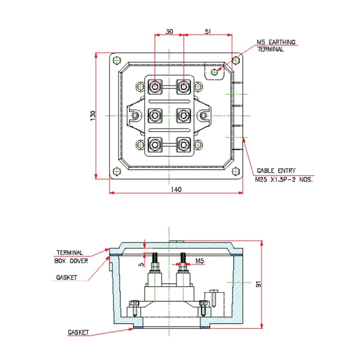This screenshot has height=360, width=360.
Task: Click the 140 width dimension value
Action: pyautogui.click(x=176, y=190)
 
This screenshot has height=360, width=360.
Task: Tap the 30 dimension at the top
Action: pyautogui.click(x=169, y=32)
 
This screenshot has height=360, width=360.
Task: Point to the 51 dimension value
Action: pyautogui.click(x=208, y=32)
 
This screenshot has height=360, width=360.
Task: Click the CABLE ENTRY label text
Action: pyautogui.click(x=276, y=171)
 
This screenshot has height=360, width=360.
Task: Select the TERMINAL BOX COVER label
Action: pyautogui.click(x=71, y=257)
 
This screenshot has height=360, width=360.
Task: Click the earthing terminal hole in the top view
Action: pyautogui.click(x=215, y=71)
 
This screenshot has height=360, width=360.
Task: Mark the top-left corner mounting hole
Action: pyautogui.click(x=116, y=61)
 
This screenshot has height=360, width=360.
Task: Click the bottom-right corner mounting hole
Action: pyautogui.click(x=236, y=171)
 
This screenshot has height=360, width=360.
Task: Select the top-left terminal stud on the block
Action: pyautogui.click(x=155, y=86)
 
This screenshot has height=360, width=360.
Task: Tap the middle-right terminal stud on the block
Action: pyautogui.click(x=183, y=115)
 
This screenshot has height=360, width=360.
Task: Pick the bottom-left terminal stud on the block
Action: pyautogui.click(x=155, y=145)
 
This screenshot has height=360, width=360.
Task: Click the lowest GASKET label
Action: pyautogui.click(x=78, y=332)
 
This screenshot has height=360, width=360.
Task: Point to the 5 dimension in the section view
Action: pyautogui.click(x=141, y=264)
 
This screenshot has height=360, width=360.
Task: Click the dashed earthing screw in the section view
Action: pyautogui.click(x=213, y=298)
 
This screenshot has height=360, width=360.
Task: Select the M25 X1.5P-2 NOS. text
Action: pyautogui.click(x=284, y=180)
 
